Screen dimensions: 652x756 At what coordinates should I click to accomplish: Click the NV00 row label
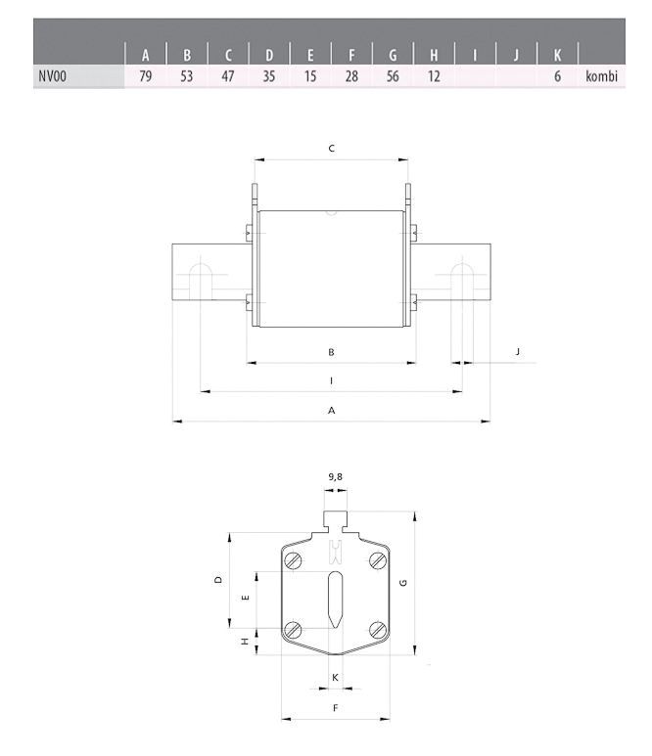52,76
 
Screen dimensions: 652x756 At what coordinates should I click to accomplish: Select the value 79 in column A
145,76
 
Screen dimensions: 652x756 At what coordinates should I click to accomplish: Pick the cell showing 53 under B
186,76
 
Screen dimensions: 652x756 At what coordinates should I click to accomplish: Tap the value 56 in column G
393,76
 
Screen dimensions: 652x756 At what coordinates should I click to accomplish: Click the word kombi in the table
601,76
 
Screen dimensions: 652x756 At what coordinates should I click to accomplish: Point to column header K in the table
557,56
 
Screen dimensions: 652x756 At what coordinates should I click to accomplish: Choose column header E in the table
310,56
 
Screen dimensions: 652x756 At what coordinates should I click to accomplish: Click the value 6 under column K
557,76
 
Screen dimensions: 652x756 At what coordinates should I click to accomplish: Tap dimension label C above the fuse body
332,148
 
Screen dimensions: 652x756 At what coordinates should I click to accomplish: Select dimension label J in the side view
517,351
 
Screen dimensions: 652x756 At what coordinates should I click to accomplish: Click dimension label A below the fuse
332,411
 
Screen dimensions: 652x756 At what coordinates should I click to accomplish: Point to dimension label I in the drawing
331,380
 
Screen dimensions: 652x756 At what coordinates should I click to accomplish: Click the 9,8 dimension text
336,477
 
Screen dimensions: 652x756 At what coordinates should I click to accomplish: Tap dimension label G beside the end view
403,583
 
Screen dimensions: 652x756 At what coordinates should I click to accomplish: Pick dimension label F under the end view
336,708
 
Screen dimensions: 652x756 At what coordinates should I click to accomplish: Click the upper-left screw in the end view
293,560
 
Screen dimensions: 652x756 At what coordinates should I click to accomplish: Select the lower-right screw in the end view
378,630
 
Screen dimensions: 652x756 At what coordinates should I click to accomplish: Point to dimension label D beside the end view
218,580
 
